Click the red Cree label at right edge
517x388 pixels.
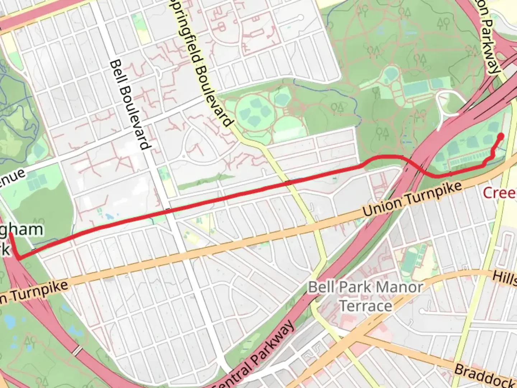(x=500, y=193)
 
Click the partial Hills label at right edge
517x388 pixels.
(x=504, y=278)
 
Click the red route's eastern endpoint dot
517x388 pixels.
(x=501, y=136)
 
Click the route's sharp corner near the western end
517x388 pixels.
(x=18, y=258)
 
